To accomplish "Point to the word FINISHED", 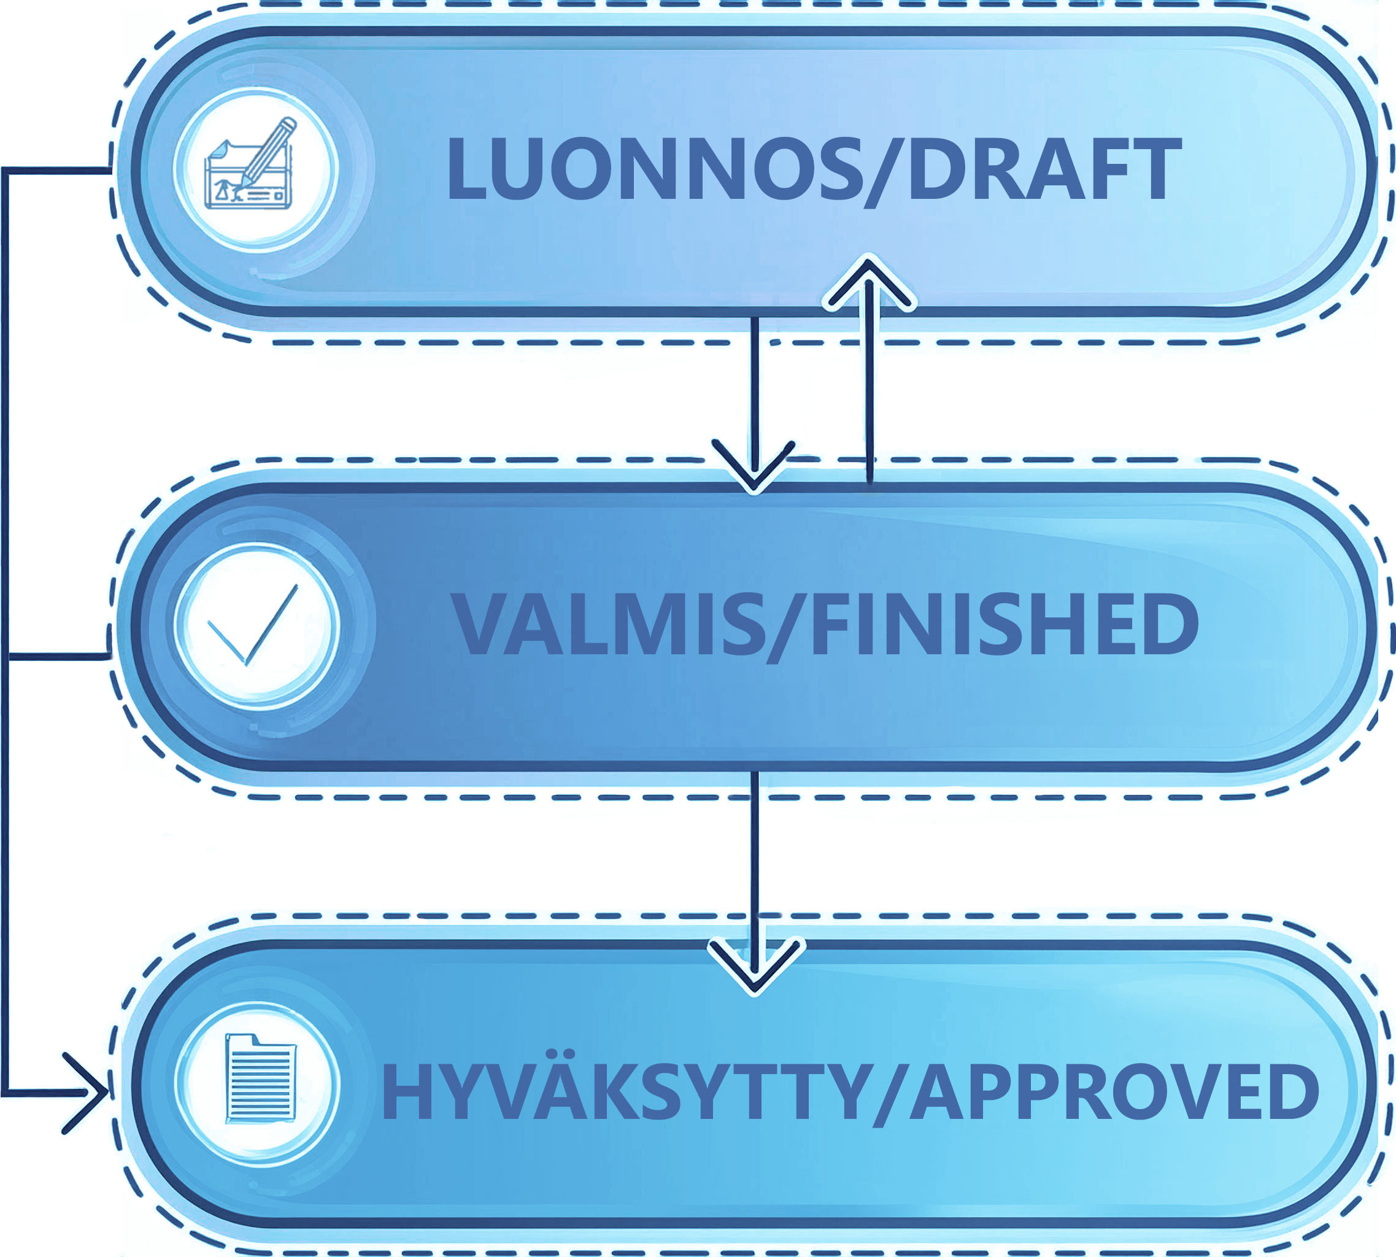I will click(1005, 624).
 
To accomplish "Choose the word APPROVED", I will click(1114, 1091).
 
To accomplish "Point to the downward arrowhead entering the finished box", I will click(754, 470).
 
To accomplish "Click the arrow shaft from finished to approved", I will click(755, 856).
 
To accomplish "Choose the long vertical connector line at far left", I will click(5, 622).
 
